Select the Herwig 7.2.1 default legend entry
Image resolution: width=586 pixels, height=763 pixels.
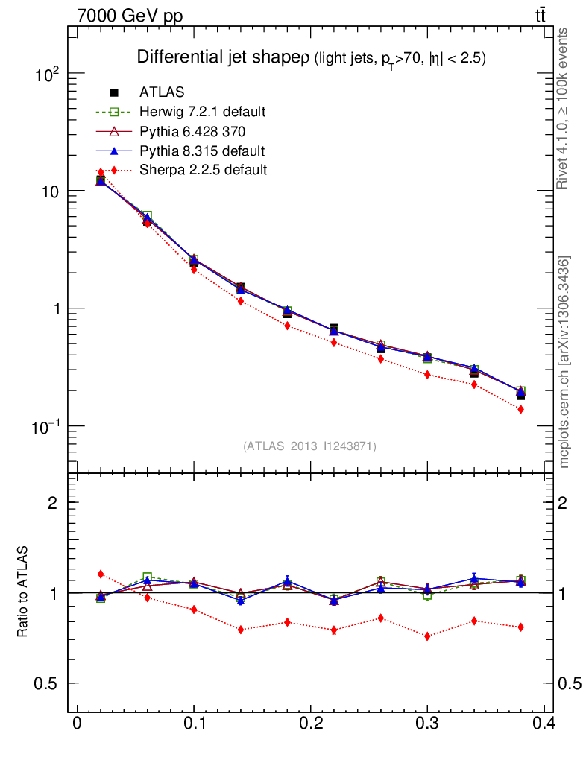pos(202,112)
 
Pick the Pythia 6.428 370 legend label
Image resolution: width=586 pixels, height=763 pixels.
pos(193,131)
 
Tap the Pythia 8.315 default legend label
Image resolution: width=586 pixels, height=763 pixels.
pos(202,151)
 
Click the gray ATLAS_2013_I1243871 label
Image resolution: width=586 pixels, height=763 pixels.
pos(309,446)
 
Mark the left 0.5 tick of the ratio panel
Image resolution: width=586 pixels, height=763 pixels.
pos(48,683)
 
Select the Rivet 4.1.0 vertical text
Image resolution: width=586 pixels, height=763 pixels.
pos(564,108)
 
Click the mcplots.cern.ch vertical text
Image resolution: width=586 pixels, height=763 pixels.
pos(564,362)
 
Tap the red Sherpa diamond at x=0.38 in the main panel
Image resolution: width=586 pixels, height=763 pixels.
pos(520,410)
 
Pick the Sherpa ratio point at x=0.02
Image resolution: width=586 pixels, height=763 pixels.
pos(101,574)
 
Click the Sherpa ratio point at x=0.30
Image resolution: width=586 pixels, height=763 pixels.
pos(427,636)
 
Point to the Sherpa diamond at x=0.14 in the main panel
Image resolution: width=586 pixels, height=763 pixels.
pos(241,301)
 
